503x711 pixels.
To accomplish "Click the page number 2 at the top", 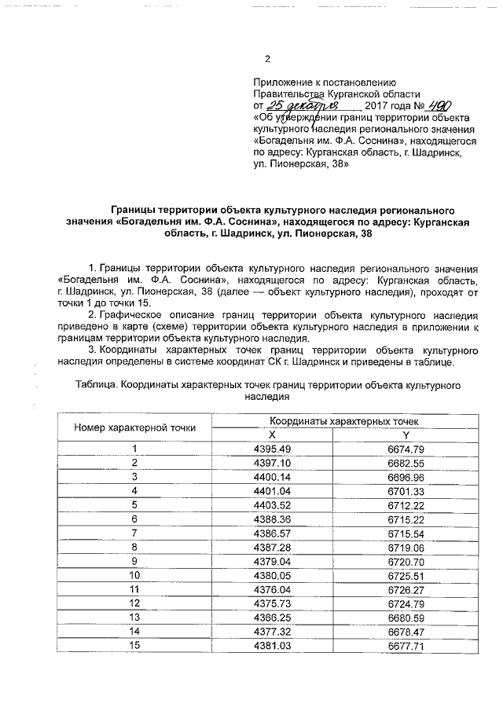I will (267, 59).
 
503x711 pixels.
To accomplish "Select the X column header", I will (273, 435).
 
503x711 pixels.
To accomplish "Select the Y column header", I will (406, 435).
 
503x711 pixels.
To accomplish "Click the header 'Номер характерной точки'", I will (134, 428).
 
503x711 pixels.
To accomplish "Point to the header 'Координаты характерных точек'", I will (340, 422).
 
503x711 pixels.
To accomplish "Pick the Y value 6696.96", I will (406, 477).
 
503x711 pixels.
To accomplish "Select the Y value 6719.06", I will (406, 546).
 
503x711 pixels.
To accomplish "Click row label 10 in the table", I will (134, 575).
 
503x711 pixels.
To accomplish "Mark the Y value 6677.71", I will (406, 645).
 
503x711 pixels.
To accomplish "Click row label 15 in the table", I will (134, 645).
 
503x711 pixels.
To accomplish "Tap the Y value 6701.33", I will (406, 491).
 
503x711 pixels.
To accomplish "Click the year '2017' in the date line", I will (380, 105).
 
